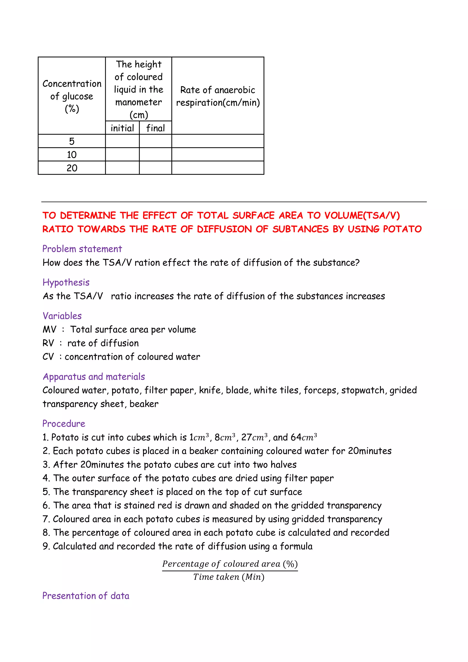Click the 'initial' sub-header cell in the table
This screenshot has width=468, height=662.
pyautogui.click(x=122, y=128)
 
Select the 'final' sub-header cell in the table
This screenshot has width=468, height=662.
pyautogui.click(x=155, y=128)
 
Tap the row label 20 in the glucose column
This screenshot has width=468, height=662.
pyautogui.click(x=72, y=168)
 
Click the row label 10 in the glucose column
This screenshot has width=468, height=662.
pyautogui.click(x=72, y=155)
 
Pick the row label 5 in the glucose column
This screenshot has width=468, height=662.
pyautogui.click(x=72, y=141)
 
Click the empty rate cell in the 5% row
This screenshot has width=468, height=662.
pyautogui.click(x=218, y=141)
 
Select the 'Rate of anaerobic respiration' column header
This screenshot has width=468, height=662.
pyautogui.click(x=218, y=96)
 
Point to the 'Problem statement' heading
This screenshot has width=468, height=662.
pyautogui.click(x=82, y=249)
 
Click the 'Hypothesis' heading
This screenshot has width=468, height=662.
pyautogui.click(x=66, y=282)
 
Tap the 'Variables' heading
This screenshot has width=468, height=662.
pyautogui.click(x=62, y=316)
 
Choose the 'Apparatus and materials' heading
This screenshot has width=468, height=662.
pyautogui.click(x=94, y=377)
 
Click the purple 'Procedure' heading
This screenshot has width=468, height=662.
pyautogui.click(x=64, y=423)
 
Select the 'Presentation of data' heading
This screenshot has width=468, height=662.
pyautogui.click(x=86, y=596)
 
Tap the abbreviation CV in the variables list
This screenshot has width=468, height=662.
pyautogui.click(x=48, y=357)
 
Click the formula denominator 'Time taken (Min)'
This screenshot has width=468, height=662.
pyautogui.click(x=229, y=577)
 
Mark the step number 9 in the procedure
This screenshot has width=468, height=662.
pyautogui.click(x=45, y=546)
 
